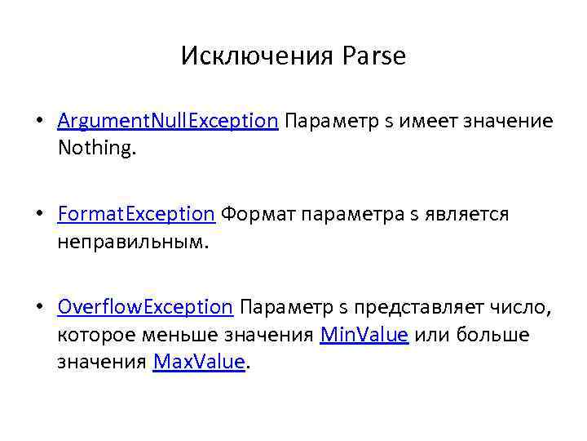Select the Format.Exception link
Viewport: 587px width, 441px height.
point(136,214)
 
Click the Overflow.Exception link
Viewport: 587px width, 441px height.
point(146,307)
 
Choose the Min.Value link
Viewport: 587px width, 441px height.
point(364,335)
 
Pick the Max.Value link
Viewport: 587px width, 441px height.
point(199,362)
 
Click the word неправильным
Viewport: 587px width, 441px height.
point(133,242)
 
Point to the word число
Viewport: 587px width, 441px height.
point(523,307)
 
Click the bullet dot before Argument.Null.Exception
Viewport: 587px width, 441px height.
point(38,122)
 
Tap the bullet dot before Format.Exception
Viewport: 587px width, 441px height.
point(38,215)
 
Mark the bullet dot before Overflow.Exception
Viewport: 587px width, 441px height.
point(38,308)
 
